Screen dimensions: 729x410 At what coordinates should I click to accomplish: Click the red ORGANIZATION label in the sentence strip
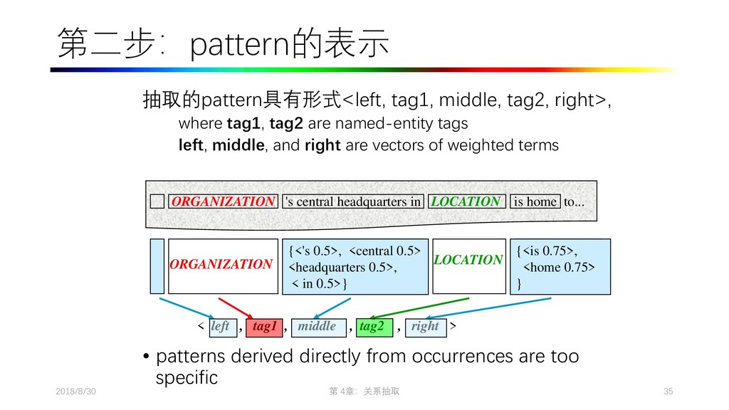point(223,201)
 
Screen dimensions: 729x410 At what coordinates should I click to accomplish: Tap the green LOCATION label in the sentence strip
point(466,201)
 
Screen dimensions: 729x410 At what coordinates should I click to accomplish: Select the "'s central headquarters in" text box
point(353,201)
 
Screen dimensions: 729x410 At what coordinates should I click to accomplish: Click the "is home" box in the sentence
point(535,201)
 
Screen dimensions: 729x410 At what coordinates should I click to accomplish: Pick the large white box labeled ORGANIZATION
point(222,265)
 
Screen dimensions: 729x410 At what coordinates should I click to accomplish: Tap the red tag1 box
point(264,327)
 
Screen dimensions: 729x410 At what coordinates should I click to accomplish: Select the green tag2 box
point(372,327)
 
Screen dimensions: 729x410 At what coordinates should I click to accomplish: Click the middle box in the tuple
point(318,327)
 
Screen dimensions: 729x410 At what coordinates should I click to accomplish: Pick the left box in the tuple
point(220,327)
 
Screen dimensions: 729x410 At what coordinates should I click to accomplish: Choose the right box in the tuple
point(425,327)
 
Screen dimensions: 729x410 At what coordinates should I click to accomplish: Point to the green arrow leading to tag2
point(420,307)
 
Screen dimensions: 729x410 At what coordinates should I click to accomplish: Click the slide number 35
point(668,392)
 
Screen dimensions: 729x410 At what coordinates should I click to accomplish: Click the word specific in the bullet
point(186,377)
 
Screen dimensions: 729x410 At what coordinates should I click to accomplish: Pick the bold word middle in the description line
point(238,146)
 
